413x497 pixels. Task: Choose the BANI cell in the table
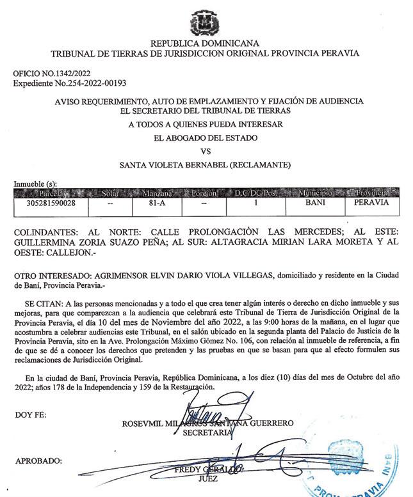(316, 203)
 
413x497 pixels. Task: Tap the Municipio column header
(316, 193)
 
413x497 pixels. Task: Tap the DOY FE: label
(29, 416)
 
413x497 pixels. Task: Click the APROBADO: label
(38, 461)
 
